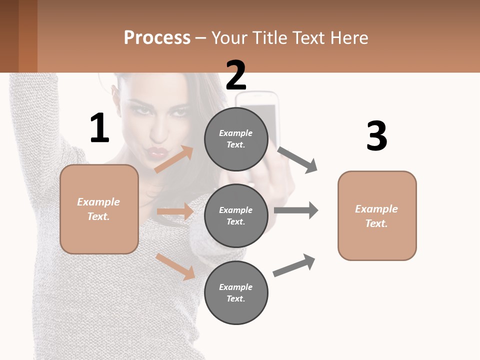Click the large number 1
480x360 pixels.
[x=99, y=128]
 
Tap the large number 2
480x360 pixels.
[x=236, y=75]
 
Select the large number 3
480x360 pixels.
[x=376, y=136]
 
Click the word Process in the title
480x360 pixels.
[x=157, y=38]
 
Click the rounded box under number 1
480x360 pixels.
[x=99, y=209]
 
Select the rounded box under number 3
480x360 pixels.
[x=377, y=216]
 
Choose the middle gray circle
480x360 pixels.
[x=236, y=215]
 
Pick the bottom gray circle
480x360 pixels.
[x=236, y=292]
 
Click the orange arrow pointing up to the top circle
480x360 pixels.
[x=174, y=159]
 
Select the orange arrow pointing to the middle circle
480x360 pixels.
[x=175, y=211]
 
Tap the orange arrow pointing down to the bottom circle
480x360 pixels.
[x=175, y=266]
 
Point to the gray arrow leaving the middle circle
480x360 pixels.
[x=296, y=210]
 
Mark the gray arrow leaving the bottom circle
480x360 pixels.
[x=294, y=265]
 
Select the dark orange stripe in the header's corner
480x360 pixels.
[x=28, y=36]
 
